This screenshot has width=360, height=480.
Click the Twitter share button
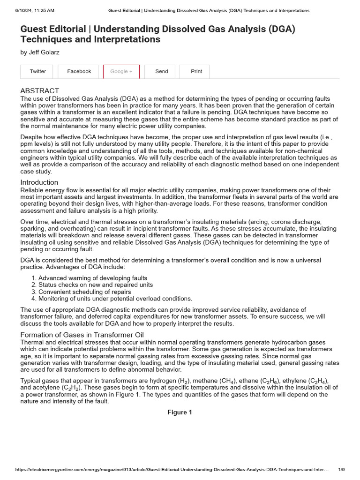coord(38,71)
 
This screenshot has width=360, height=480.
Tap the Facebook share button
coord(79,71)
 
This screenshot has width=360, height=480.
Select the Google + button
coord(121,71)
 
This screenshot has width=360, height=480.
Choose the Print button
coord(196,71)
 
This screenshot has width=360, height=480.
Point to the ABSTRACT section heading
coord(40,90)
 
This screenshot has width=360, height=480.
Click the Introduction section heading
coord(39,182)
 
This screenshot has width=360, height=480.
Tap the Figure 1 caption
coord(180,412)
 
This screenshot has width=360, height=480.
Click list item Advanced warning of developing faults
coord(92,278)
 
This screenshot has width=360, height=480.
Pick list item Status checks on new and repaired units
coord(95,285)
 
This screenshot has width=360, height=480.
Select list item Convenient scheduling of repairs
coord(84,292)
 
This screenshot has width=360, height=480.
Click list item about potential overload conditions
coord(115,299)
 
